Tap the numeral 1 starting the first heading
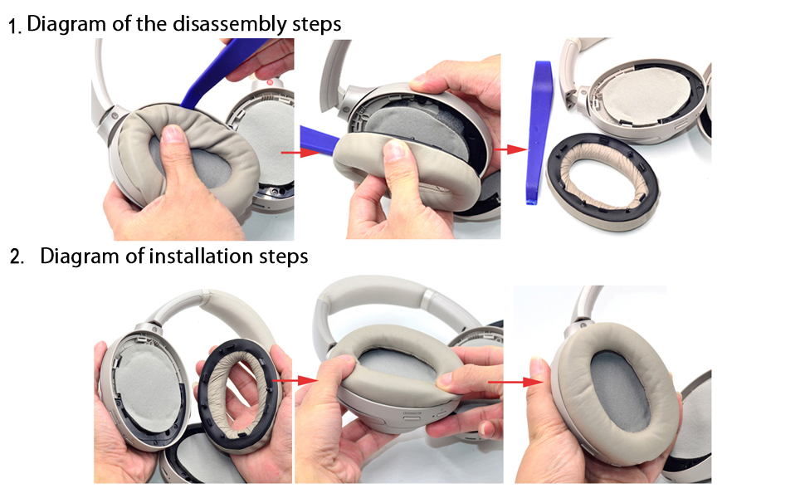pos(14,26)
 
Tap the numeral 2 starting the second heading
pos(15,257)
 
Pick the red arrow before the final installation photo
pos(518,382)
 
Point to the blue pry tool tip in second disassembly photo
pos(314,139)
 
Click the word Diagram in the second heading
pos(80,256)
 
